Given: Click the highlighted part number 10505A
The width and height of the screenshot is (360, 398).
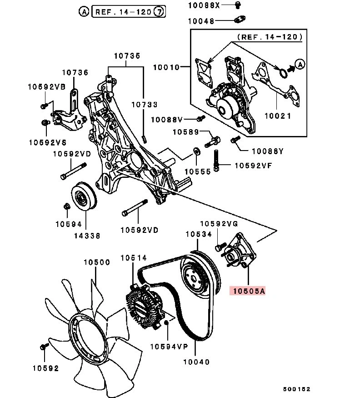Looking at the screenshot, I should [248, 291].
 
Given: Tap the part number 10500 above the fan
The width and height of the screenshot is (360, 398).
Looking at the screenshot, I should [96, 262].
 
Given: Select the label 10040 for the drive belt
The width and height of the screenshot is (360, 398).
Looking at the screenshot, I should [196, 362].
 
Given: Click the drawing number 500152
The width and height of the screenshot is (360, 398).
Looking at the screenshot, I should [295, 389].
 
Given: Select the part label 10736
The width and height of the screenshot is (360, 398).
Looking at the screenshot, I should [75, 72].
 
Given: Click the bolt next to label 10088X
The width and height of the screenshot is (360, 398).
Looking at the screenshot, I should [237, 5].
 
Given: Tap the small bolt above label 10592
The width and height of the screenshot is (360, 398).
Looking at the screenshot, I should [44, 346].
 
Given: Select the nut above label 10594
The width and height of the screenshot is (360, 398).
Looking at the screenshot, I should [66, 207].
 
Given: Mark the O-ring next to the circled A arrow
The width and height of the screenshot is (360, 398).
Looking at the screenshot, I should [282, 72].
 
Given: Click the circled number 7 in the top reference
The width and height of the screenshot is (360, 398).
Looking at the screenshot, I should [159, 12].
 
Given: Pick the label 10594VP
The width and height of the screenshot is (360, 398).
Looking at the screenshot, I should [169, 346].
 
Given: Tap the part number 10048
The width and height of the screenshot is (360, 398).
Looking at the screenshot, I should [202, 20].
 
